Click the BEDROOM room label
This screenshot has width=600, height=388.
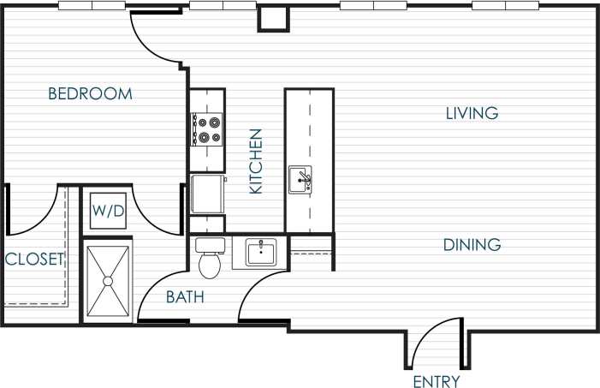pyautogui.click(x=90, y=94)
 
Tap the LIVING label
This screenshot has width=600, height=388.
pyautogui.click(x=472, y=113)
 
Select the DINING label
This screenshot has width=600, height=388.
pyautogui.click(x=472, y=245)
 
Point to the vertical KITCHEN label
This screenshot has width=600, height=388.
pyautogui.click(x=256, y=161)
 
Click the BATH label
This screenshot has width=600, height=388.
pyautogui.click(x=184, y=298)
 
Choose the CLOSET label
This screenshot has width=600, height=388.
pyautogui.click(x=34, y=260)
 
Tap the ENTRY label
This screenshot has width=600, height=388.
pyautogui.click(x=436, y=381)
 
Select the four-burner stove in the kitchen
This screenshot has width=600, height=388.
pyautogui.click(x=207, y=129)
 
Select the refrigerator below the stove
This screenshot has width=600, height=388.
pyautogui.click(x=207, y=195)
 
